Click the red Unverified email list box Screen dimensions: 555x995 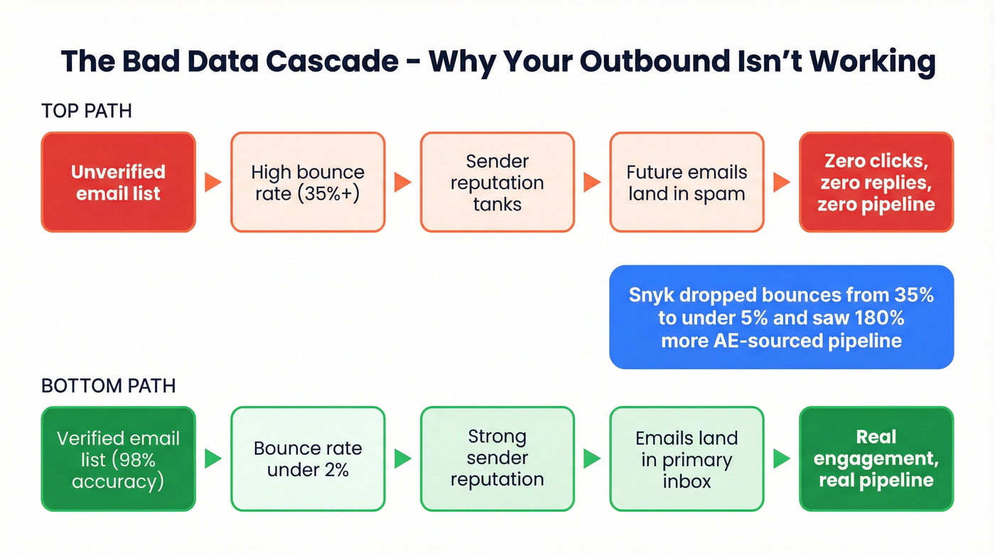click(x=118, y=182)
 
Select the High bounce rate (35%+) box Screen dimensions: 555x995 click(x=308, y=182)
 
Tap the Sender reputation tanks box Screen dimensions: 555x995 click(x=497, y=182)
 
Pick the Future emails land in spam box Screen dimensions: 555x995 click(x=687, y=182)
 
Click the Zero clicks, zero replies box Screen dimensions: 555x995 click(x=876, y=182)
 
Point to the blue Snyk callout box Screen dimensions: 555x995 click(x=781, y=317)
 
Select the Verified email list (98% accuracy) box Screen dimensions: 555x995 click(x=118, y=459)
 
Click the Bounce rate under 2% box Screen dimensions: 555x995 click(x=308, y=459)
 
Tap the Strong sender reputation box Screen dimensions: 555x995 click(x=497, y=459)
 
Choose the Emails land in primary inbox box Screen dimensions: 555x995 click(x=687, y=459)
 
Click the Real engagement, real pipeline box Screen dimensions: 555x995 click(x=876, y=459)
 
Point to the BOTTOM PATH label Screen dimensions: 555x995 click(x=108, y=386)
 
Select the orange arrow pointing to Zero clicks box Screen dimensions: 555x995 click(x=781, y=183)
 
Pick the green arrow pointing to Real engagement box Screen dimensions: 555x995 click(x=781, y=459)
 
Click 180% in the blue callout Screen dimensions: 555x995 click(x=878, y=317)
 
